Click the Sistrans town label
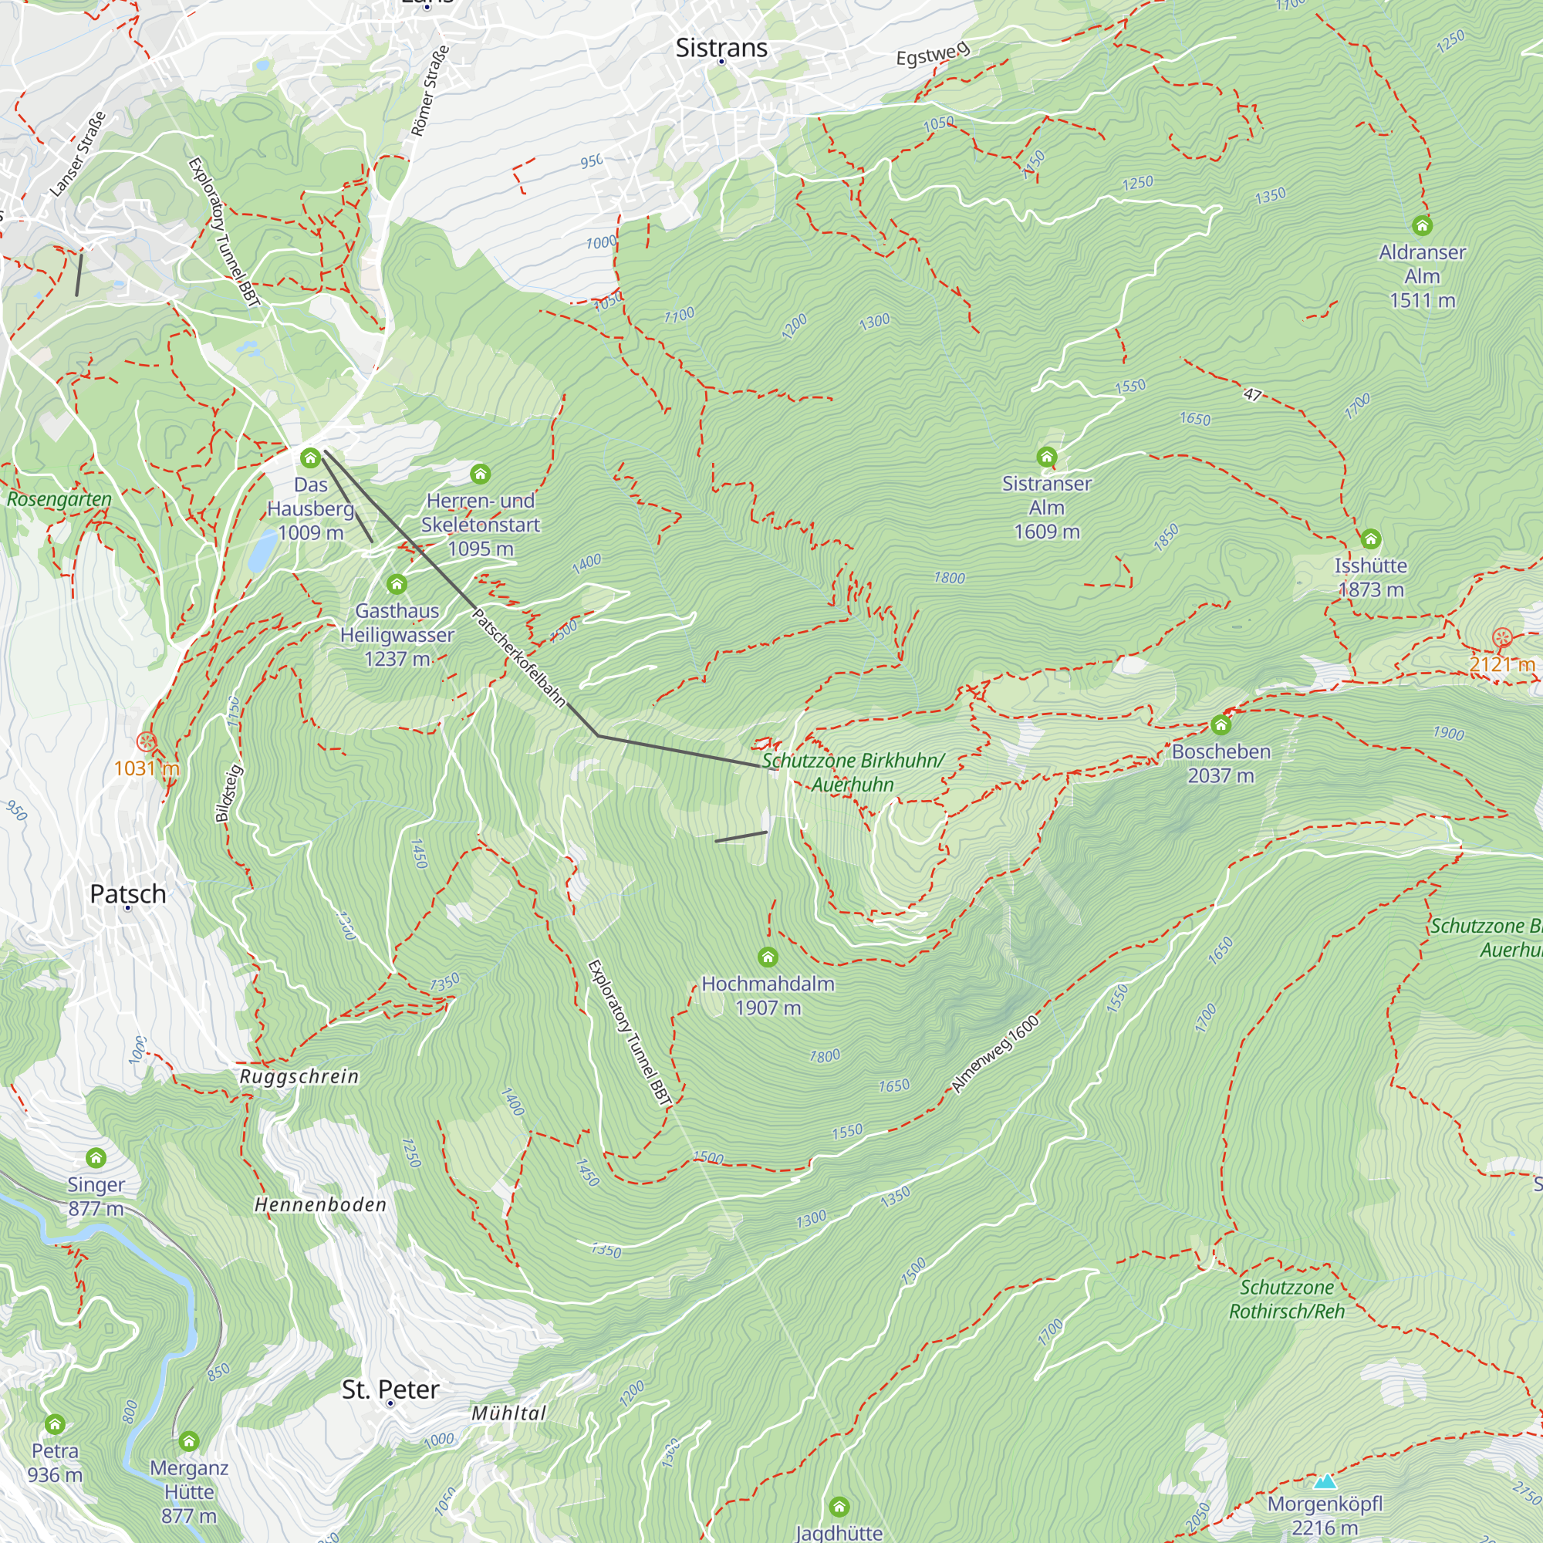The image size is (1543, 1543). click(x=721, y=48)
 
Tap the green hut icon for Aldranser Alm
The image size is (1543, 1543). click(x=1422, y=226)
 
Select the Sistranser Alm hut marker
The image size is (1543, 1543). click(x=1046, y=457)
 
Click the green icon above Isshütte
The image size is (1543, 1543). click(x=1370, y=539)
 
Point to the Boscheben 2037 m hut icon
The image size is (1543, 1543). click(x=1221, y=725)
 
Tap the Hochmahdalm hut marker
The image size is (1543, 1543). click(x=768, y=957)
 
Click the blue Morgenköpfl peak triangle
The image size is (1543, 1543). click(x=1325, y=1482)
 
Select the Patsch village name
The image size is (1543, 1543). click(x=128, y=893)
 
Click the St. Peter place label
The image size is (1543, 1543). click(x=390, y=1389)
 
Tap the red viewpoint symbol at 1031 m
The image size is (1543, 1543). click(x=146, y=742)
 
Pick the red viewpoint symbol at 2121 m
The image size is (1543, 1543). click(x=1502, y=637)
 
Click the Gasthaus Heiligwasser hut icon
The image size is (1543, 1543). click(x=397, y=585)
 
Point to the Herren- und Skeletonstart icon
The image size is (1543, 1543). click(x=480, y=474)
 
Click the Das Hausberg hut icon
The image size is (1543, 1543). click(x=311, y=457)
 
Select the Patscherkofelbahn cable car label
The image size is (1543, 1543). click(x=519, y=658)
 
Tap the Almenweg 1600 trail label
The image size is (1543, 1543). click(x=996, y=1054)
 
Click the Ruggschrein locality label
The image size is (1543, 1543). click(x=299, y=1076)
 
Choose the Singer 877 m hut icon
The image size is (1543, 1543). click(x=96, y=1158)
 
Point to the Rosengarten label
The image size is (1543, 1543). click(x=59, y=499)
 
